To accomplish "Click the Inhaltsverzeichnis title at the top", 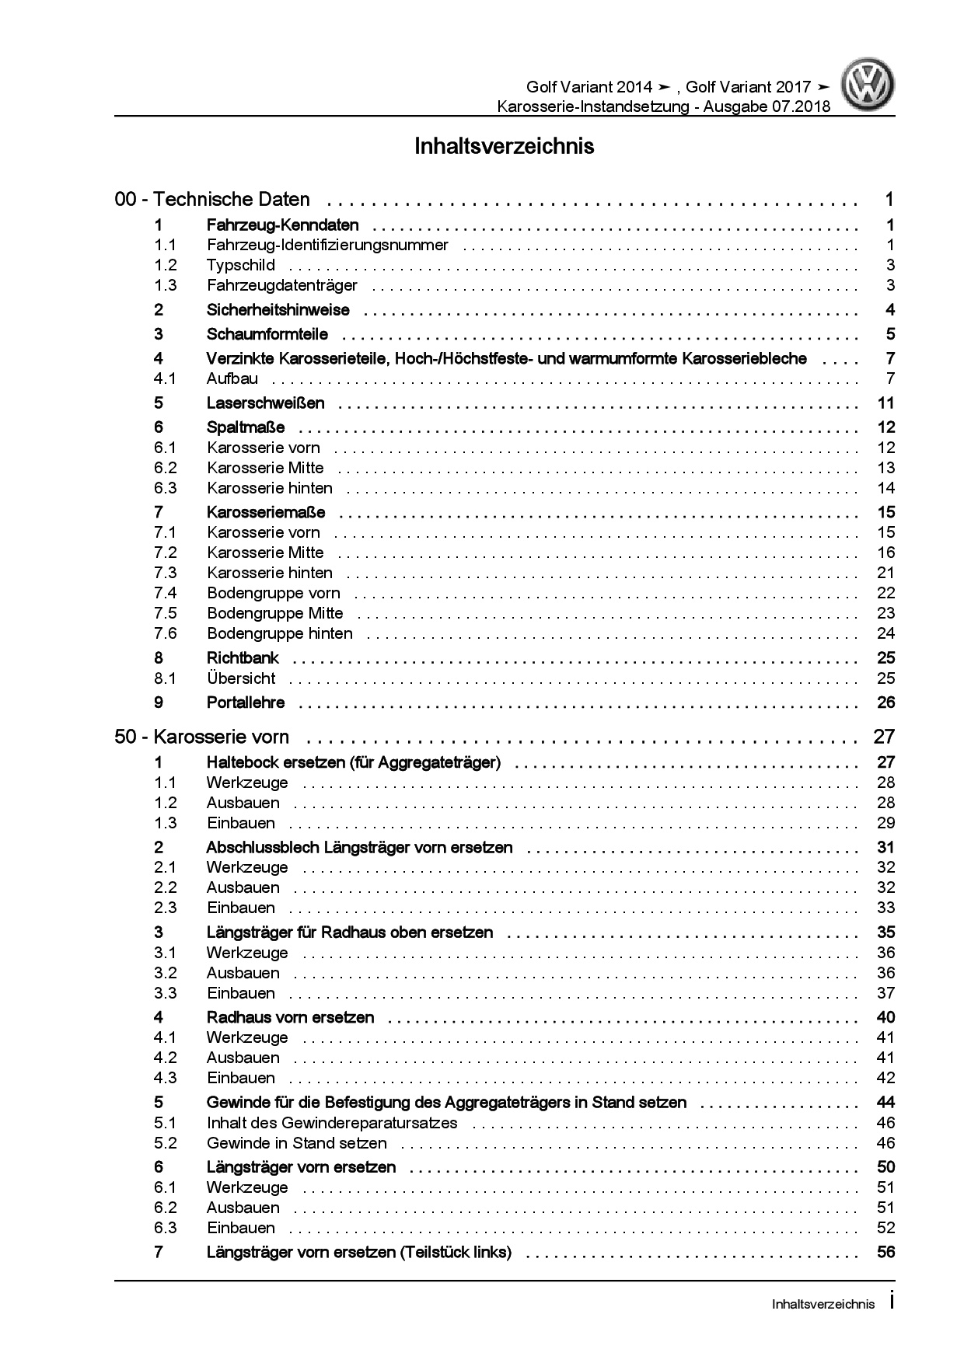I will [x=504, y=146].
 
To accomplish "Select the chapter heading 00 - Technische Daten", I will [x=212, y=200].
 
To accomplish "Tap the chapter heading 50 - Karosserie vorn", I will [x=201, y=737].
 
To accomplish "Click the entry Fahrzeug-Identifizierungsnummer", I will [x=327, y=245].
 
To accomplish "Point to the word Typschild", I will [x=240, y=265].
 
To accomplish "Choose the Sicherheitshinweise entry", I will [x=278, y=310].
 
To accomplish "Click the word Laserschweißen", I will [x=265, y=403].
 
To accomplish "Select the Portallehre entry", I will [x=246, y=702].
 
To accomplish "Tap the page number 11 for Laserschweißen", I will [x=885, y=403].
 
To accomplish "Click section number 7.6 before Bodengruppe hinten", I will [x=166, y=633].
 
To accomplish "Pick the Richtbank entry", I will [x=243, y=658].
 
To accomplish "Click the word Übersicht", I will [x=241, y=678].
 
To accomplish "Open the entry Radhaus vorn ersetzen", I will [x=290, y=1017].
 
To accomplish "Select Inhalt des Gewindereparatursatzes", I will [x=332, y=1123].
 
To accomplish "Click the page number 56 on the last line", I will [x=885, y=1252].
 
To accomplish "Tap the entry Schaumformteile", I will [x=267, y=335].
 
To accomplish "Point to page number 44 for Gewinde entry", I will [x=885, y=1103].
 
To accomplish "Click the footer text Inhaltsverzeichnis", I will [x=823, y=1305].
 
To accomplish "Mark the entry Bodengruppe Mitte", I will [x=274, y=613].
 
